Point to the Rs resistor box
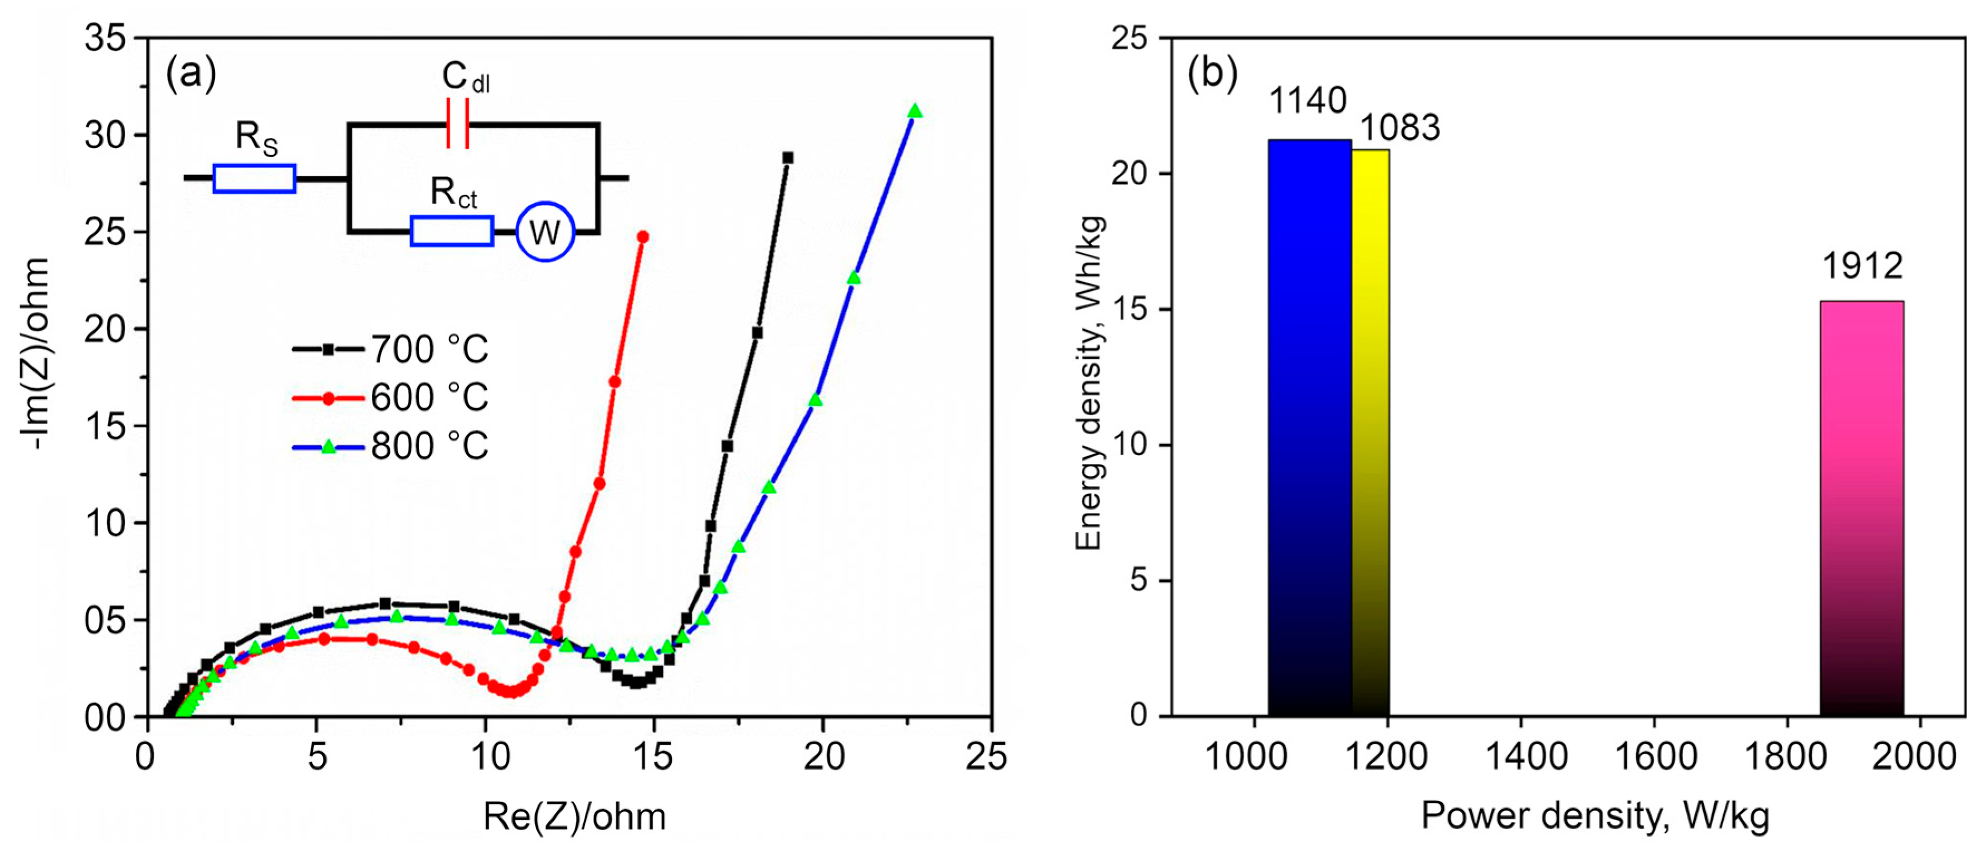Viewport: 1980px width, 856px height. click(x=255, y=178)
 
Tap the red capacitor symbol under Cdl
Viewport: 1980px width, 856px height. click(x=457, y=123)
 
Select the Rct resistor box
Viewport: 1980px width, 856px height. click(x=452, y=231)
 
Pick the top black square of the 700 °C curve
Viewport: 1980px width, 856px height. click(x=788, y=158)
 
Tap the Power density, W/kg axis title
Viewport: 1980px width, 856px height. click(x=1594, y=816)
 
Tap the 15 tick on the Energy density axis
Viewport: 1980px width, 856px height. click(x=1129, y=310)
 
